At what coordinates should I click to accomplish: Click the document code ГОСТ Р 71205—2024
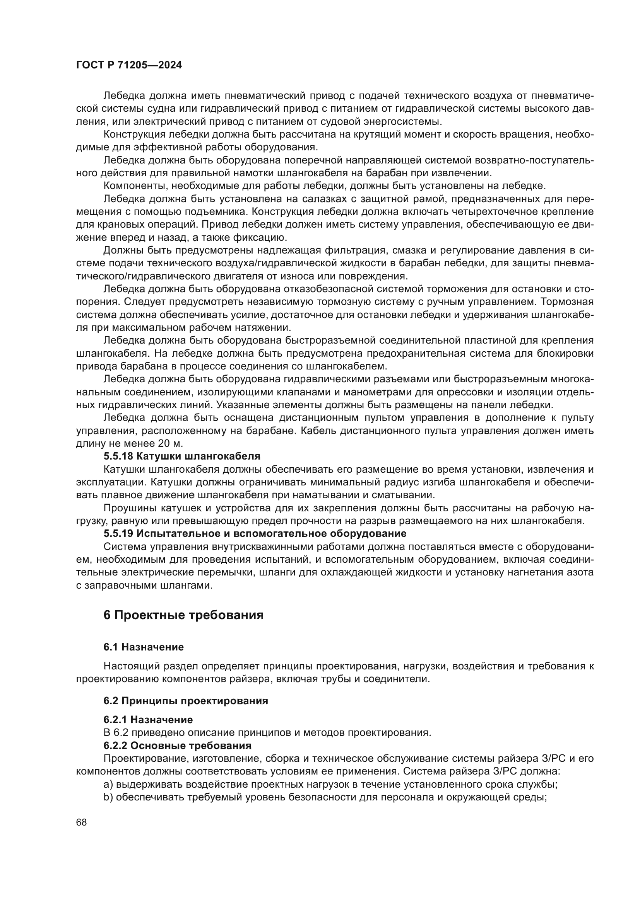(x=129, y=65)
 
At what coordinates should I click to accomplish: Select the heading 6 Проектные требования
(x=183, y=615)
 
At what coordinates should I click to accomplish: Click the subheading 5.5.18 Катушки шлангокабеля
(x=182, y=456)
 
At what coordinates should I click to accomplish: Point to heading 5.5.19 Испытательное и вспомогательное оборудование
(x=255, y=533)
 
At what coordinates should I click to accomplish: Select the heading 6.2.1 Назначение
(x=148, y=720)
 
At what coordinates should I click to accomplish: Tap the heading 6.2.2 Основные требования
(x=177, y=745)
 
